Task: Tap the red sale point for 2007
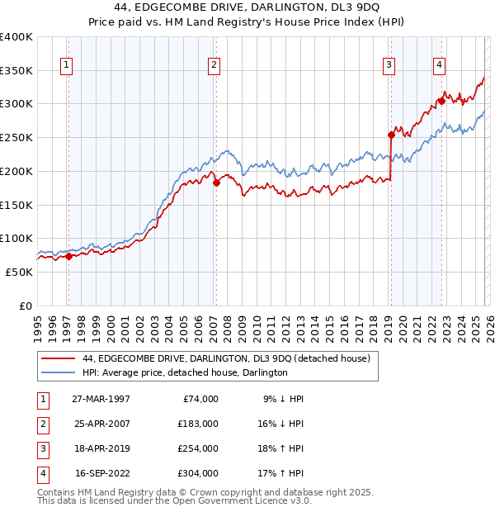pos(216,183)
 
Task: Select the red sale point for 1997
pos(68,256)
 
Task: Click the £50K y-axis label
pos(20,272)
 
